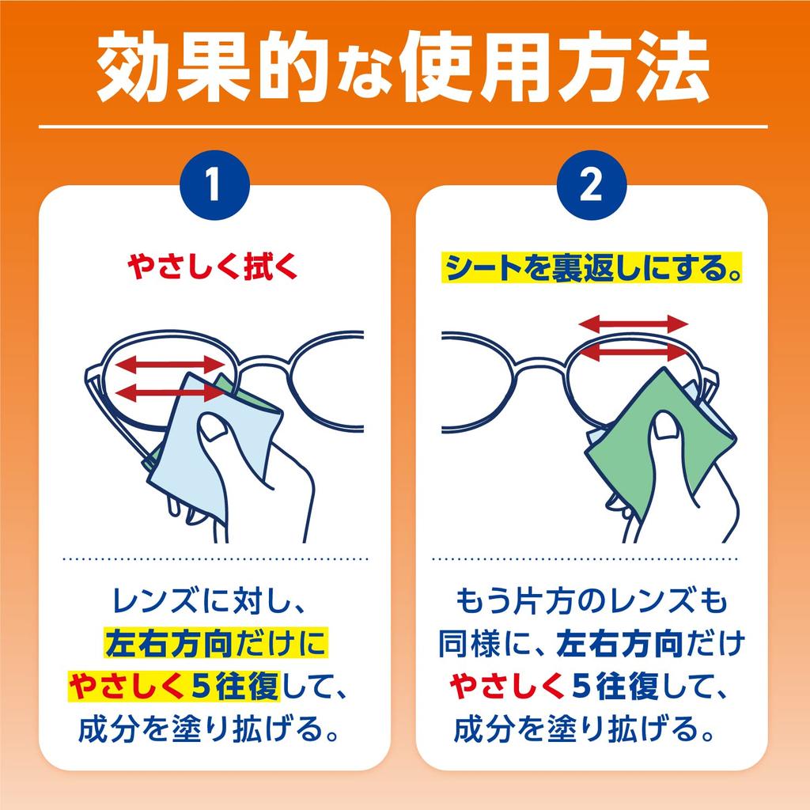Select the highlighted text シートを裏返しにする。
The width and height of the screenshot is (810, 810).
592,270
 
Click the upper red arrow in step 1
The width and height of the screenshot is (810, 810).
171,364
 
